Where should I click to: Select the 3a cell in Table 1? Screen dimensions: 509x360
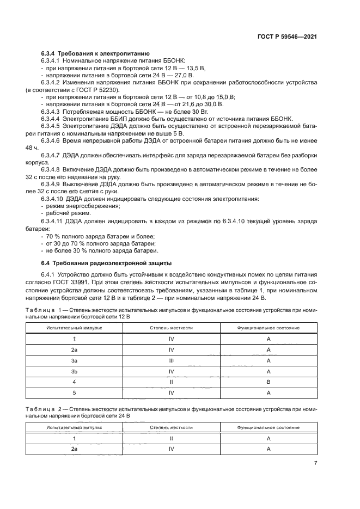click(74, 360)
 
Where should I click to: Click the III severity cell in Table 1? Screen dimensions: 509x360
click(171, 360)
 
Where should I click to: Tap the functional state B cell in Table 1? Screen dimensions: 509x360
click(269, 382)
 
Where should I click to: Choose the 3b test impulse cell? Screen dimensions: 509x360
click(74, 371)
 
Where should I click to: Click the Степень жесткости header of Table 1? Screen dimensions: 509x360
click(171, 328)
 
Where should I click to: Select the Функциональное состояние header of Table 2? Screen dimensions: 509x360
click(269, 427)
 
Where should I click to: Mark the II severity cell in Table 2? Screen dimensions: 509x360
click(171, 438)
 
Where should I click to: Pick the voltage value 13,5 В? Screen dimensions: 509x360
click(195, 68)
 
